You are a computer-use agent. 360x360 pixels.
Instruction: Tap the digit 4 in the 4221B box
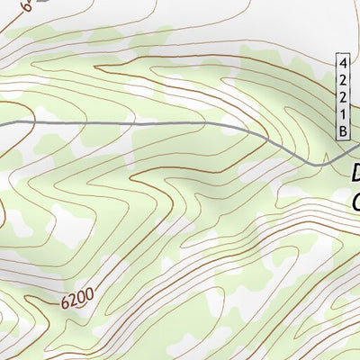pos(343,64)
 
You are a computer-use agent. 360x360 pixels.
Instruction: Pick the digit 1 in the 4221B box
pos(343,115)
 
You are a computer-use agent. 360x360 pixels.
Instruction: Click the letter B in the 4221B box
pos(343,132)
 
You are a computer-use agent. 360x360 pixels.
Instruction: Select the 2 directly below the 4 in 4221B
pos(343,81)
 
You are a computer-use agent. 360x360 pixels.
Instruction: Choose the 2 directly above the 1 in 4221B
pos(343,98)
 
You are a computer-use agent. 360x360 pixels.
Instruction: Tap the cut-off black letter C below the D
pos(355,200)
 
